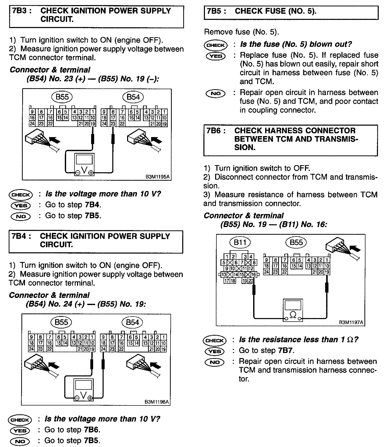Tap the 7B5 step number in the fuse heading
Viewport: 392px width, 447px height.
point(214,11)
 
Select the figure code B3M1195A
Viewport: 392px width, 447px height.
point(157,177)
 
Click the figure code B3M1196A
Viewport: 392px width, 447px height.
point(157,402)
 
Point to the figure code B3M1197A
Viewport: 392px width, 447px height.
point(351,322)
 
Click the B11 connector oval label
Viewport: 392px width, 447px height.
point(240,242)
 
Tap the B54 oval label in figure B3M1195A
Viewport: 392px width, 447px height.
point(133,97)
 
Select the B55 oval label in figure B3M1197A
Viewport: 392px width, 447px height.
point(296,242)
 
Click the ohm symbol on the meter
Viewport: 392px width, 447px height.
point(293,315)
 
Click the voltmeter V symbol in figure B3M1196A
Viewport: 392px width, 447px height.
point(83,395)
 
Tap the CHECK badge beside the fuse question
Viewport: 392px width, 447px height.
point(215,45)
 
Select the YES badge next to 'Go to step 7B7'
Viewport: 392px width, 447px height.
point(214,351)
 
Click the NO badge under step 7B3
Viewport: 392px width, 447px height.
point(20,216)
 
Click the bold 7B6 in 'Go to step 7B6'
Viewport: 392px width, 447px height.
point(92,430)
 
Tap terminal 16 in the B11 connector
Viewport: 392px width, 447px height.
point(253,275)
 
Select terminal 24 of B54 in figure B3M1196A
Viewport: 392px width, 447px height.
point(103,349)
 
